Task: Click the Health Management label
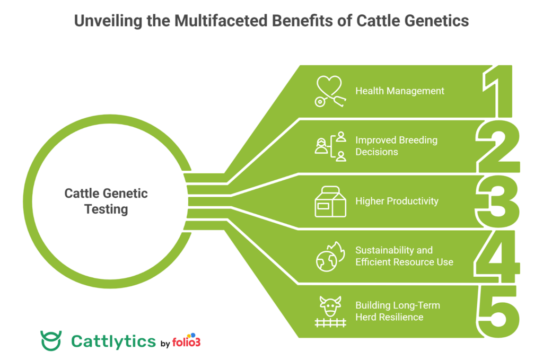tap(400, 91)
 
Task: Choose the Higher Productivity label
tap(397, 201)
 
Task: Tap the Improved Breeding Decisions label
tap(396, 146)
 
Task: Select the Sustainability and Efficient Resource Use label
tap(404, 256)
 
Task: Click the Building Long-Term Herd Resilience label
tap(397, 311)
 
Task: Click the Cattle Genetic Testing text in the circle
tap(106, 201)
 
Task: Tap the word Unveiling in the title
tap(101, 20)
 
